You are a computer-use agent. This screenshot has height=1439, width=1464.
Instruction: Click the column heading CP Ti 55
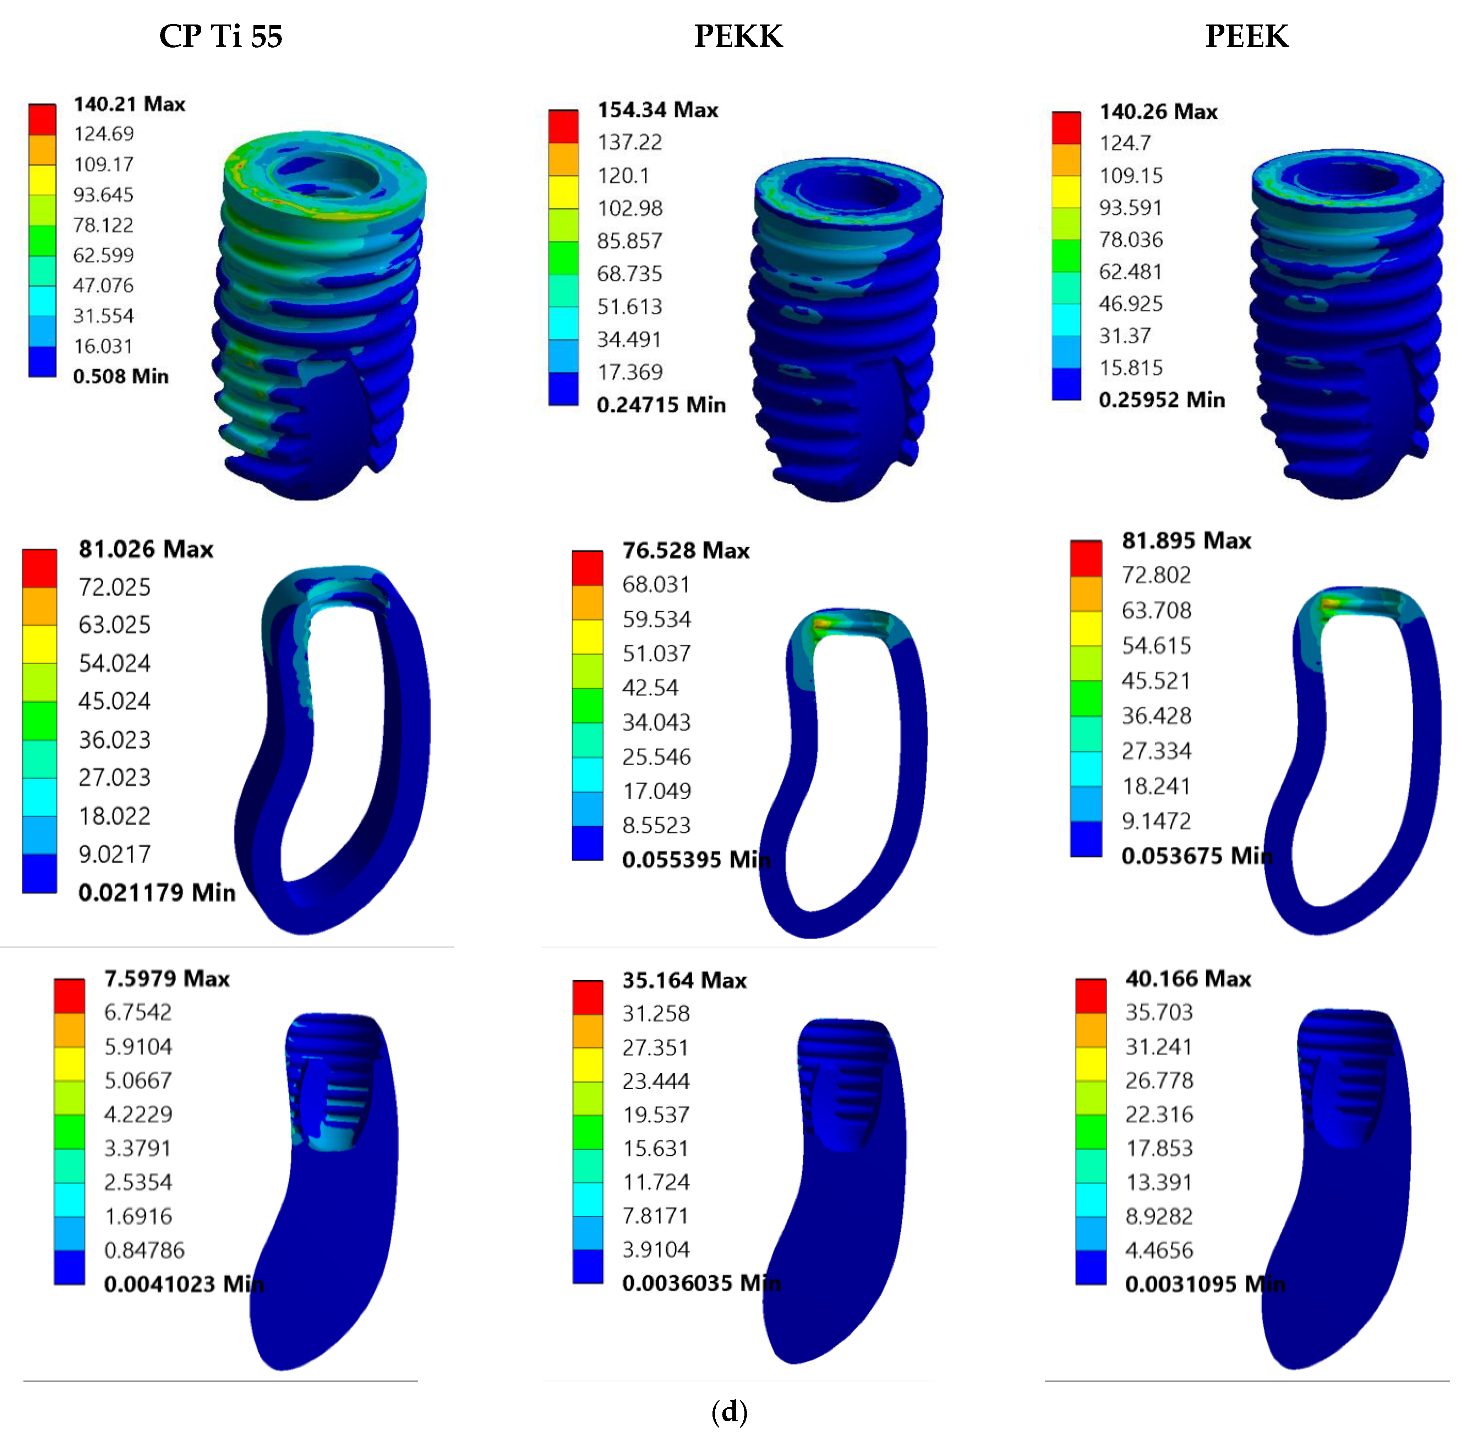tap(221, 36)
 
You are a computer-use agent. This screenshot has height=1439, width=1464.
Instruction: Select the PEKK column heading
tap(738, 36)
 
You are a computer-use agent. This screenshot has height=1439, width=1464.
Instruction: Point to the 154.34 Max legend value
tap(657, 110)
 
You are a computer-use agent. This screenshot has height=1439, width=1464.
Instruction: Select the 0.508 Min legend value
tap(121, 376)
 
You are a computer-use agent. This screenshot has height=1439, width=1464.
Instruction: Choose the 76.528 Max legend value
tap(685, 550)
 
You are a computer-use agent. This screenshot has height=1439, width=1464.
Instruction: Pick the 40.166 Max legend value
tap(1188, 979)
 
